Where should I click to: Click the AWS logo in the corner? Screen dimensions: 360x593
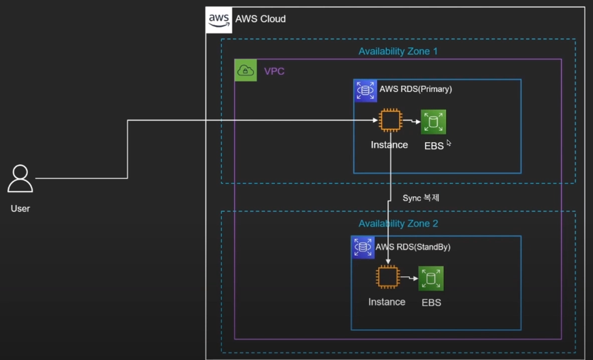point(219,20)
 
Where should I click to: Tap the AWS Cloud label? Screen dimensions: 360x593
point(260,19)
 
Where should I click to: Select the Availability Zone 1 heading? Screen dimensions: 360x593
point(398,51)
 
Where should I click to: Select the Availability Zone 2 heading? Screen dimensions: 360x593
point(398,224)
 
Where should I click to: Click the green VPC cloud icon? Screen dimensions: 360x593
point(245,70)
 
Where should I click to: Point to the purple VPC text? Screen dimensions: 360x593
point(274,72)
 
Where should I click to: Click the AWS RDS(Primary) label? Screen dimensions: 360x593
point(416,89)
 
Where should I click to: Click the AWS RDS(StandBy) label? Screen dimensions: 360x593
point(413,247)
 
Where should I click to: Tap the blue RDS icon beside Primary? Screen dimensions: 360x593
point(365,91)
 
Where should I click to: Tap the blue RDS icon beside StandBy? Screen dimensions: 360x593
point(363,247)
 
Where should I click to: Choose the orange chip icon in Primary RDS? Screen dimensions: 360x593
point(390,121)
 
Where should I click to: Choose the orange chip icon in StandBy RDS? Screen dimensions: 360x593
point(388,277)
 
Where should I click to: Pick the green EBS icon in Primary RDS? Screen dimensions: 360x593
point(433,122)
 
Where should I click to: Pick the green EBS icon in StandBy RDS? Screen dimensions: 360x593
point(431,278)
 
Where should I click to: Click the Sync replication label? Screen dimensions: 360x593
point(421,198)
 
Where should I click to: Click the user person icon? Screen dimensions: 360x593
point(20,179)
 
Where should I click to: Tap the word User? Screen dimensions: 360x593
point(20,208)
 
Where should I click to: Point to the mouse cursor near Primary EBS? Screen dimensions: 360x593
point(449,143)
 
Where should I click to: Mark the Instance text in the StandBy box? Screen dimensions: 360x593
point(387,302)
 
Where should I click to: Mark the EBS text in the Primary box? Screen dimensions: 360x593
point(434,146)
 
